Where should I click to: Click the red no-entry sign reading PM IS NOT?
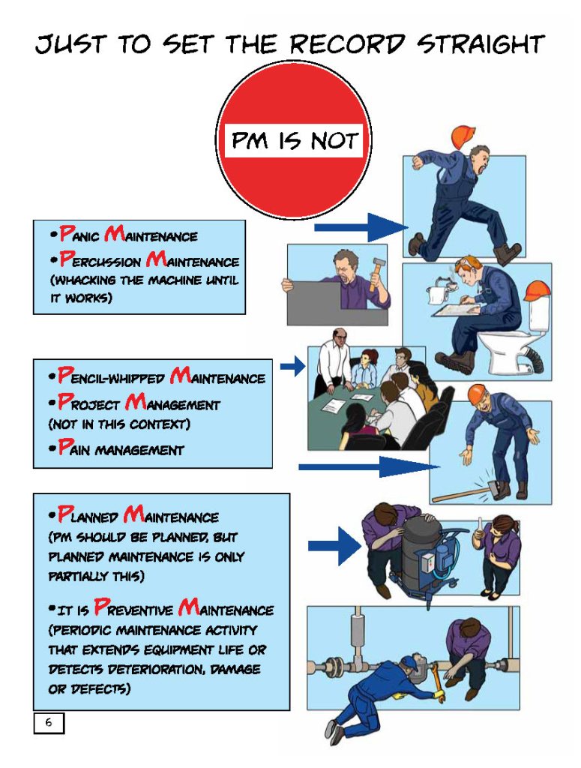tap(294, 140)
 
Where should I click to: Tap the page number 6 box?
tap(49, 722)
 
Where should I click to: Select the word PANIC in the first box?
tap(79, 234)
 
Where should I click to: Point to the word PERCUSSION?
tap(100, 259)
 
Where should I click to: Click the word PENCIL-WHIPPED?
tap(111, 376)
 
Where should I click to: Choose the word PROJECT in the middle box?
tap(88, 403)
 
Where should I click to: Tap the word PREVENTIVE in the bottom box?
tap(133, 608)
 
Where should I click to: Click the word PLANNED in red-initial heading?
tap(88, 515)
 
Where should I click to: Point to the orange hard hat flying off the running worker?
tap(463, 136)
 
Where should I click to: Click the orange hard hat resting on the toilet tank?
tap(537, 291)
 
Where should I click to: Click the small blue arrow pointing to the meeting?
tap(292, 366)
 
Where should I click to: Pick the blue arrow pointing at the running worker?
tap(361, 227)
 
